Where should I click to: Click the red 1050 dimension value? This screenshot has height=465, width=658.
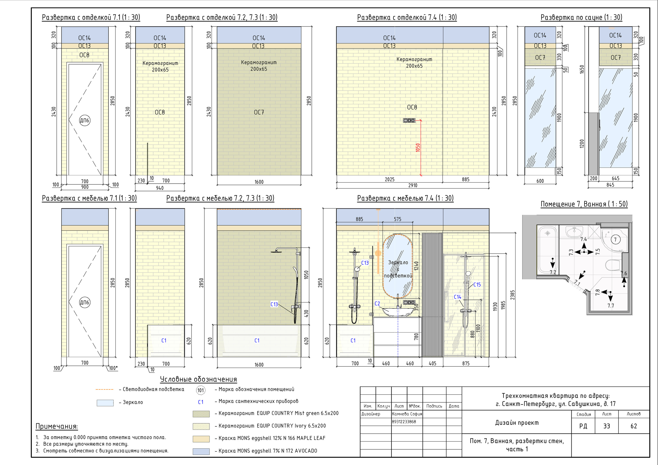tap(418, 147)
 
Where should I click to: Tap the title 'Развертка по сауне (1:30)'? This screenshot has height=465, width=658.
tap(581, 17)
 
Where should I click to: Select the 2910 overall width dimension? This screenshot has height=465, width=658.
tap(413, 185)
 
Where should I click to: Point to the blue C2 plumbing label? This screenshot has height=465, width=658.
tap(377, 303)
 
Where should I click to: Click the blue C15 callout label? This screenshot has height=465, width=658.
tap(477, 284)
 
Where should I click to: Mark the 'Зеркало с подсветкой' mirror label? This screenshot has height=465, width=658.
tap(398, 269)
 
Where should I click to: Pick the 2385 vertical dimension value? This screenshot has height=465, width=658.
tap(513, 295)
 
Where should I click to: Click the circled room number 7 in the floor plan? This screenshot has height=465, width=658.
tap(615, 239)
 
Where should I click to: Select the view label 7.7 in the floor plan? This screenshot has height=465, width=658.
tap(611, 306)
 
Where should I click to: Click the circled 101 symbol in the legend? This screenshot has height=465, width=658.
tap(200, 390)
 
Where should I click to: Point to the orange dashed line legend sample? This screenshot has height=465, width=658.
tap(105, 390)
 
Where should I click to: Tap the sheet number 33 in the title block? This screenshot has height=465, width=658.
tap(606, 426)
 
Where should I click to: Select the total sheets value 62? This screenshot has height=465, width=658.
tap(634, 426)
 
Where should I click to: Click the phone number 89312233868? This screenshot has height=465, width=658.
tap(404, 421)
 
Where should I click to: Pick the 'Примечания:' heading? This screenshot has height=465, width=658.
tap(57, 426)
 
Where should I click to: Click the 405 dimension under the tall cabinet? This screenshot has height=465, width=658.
tap(433, 363)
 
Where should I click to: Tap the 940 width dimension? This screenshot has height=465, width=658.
tap(160, 188)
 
